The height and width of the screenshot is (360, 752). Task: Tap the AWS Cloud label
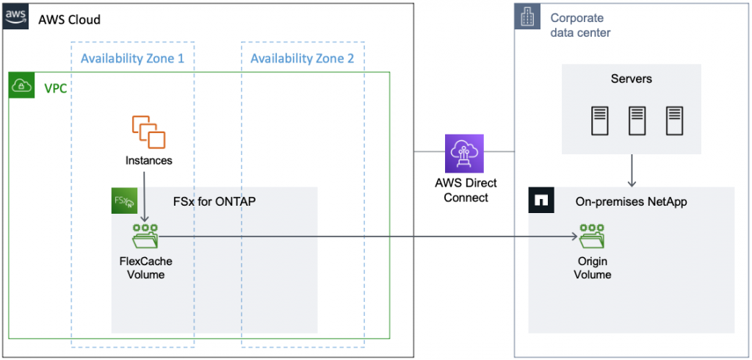(69, 19)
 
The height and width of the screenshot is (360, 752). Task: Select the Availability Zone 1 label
(132, 58)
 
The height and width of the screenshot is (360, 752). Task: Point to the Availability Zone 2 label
(302, 58)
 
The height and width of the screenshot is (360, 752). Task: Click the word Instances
(148, 159)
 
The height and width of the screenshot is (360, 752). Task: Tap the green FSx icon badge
(124, 201)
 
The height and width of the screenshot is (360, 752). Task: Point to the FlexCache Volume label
(145, 267)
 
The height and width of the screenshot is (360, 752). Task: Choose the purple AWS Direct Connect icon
(464, 153)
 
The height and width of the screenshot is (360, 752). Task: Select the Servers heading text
(631, 79)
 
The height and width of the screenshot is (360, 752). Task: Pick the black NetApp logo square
(542, 201)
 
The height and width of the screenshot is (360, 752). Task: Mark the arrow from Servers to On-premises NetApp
(632, 170)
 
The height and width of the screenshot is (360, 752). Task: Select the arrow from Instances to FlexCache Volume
(146, 197)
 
